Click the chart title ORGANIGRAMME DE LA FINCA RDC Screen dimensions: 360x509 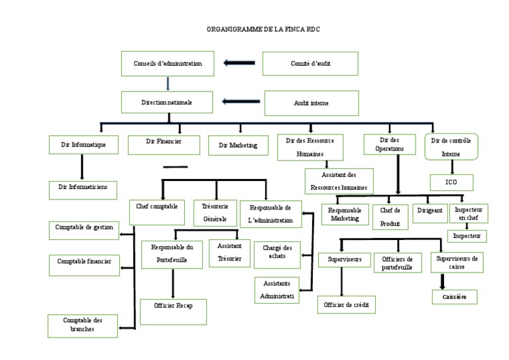pyautogui.click(x=254, y=30)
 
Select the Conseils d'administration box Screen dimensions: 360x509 pyautogui.click(x=168, y=64)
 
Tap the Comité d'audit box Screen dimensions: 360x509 pyautogui.click(x=311, y=64)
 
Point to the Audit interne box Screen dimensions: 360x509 pyautogui.click(x=311, y=103)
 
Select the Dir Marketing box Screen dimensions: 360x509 pyautogui.click(x=238, y=145)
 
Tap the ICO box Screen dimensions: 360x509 pyautogui.click(x=451, y=182)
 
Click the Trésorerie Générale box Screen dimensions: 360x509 pyautogui.click(x=214, y=212)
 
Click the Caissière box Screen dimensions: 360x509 pyautogui.click(x=455, y=297)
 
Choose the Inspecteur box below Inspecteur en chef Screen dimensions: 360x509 pyautogui.click(x=467, y=235)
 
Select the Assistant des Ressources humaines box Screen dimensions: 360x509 pyautogui.click(x=339, y=180)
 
